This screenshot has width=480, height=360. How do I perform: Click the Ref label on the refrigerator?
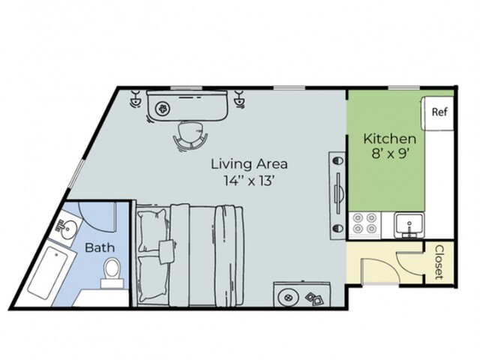439,112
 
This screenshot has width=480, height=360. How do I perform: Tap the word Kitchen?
389,139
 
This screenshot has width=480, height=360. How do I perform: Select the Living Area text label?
249,163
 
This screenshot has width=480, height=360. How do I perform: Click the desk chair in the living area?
190,136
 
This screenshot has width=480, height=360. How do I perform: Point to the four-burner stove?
365,224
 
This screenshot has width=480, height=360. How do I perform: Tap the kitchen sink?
409,223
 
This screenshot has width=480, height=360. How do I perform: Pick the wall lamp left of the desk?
136,98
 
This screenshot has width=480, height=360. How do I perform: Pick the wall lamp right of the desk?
241,98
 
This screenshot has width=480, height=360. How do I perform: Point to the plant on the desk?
163,109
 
